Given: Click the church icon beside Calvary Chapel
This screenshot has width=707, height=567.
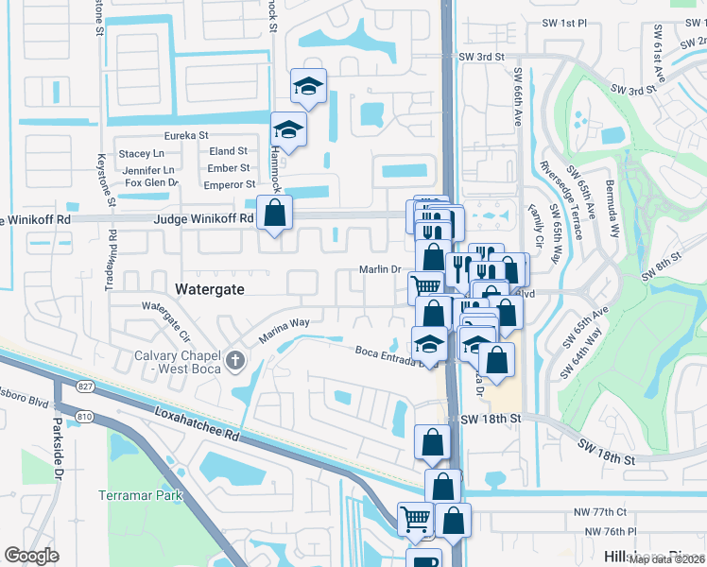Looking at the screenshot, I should [x=236, y=360].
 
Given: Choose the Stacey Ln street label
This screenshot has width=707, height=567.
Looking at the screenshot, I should [x=141, y=153].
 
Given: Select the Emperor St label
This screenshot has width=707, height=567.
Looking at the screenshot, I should [x=231, y=185].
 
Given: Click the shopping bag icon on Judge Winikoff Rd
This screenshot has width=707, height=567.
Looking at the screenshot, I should [x=274, y=213].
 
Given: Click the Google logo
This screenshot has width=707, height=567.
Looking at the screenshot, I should [x=31, y=556].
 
